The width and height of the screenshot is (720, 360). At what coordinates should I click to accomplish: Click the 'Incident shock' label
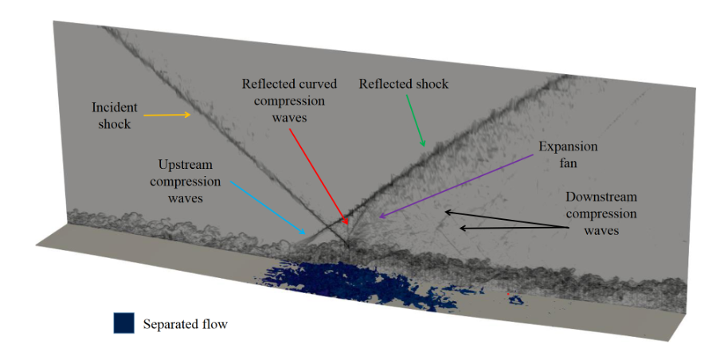click(x=115, y=115)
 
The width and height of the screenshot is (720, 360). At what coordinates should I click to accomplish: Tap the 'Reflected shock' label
click(x=404, y=84)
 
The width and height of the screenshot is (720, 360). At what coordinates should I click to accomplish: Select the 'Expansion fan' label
click(x=567, y=155)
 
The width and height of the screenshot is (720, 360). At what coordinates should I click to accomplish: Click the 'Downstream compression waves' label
click(x=601, y=213)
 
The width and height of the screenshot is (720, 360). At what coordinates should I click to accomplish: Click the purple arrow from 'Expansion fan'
click(x=455, y=185)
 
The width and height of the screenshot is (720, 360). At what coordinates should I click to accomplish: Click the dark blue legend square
click(x=123, y=323)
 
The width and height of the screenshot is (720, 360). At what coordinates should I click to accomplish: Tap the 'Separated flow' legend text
click(x=185, y=324)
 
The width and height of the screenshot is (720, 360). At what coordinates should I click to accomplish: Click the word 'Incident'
click(x=115, y=108)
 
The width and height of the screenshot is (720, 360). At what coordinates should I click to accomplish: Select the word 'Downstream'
click(x=601, y=197)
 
